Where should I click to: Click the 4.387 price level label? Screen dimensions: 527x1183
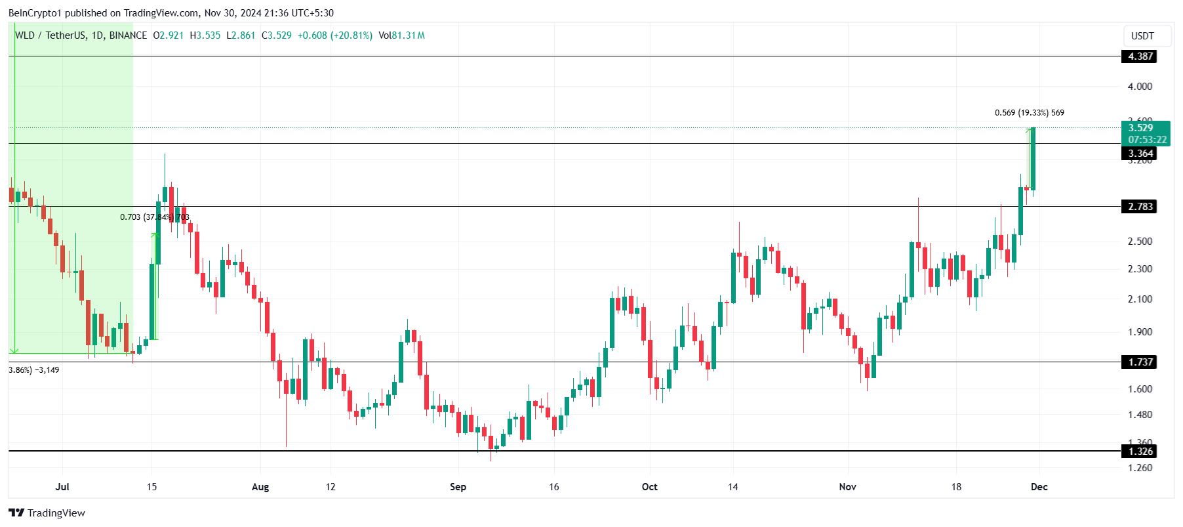coord(1140,56)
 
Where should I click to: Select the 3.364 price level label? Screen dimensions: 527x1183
coord(1140,154)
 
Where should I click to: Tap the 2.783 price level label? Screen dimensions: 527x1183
coord(1140,207)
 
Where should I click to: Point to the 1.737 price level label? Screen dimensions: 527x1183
coord(1140,362)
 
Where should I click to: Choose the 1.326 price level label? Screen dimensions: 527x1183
coord(1140,452)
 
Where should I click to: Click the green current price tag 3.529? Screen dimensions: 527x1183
coord(1146,133)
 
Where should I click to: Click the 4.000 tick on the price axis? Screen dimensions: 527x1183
coord(1140,87)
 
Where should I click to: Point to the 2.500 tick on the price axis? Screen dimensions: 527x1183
coord(1140,242)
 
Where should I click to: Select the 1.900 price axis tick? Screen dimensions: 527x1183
coord(1140,332)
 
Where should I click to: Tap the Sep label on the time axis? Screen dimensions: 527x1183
coord(458,487)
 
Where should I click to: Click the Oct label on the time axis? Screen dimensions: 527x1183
coord(649,487)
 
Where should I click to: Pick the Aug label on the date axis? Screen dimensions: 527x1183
coord(260,487)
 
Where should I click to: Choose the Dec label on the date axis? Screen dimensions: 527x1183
coord(1039,487)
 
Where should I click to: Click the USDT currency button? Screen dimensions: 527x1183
coord(1142,36)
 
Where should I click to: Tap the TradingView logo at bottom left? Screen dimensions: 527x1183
coord(47,513)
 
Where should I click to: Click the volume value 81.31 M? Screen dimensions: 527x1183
coord(408,35)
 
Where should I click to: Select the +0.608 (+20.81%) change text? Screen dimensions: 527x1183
coord(334,35)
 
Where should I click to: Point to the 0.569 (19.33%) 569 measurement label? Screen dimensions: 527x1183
coord(1029,113)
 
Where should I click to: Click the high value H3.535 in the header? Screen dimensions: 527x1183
coord(205,35)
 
